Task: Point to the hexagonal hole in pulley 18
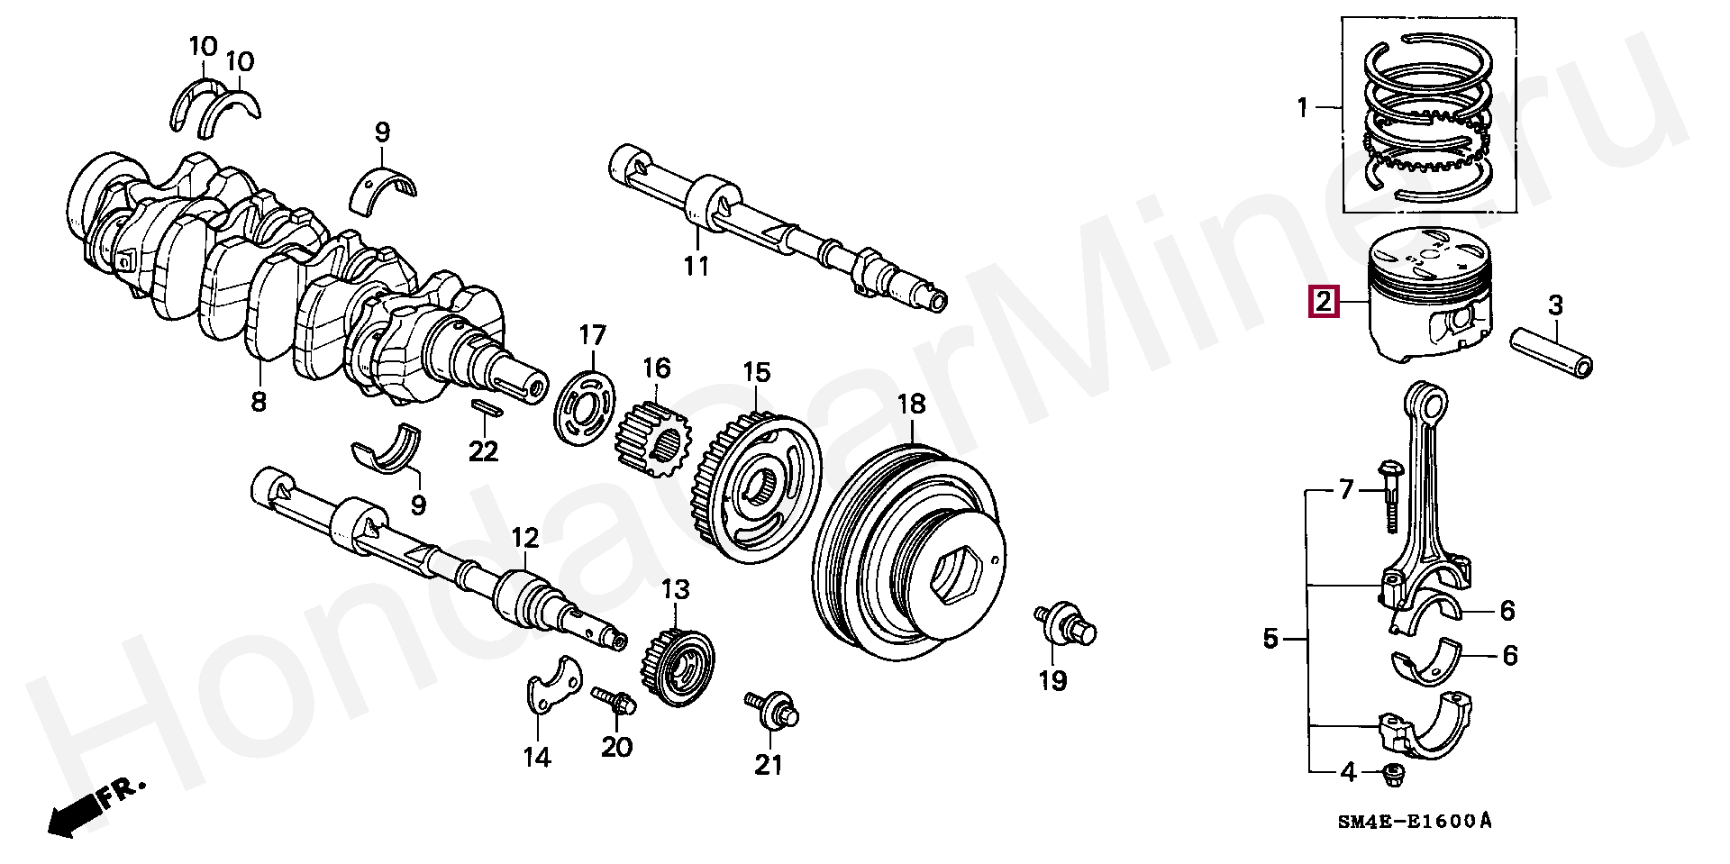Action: tap(958, 572)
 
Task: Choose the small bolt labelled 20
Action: tap(615, 703)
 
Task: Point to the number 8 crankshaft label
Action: tap(259, 401)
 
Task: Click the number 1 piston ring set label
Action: tap(1301, 109)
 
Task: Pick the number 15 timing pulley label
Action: tap(756, 372)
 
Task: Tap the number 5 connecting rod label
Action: tap(1270, 640)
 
